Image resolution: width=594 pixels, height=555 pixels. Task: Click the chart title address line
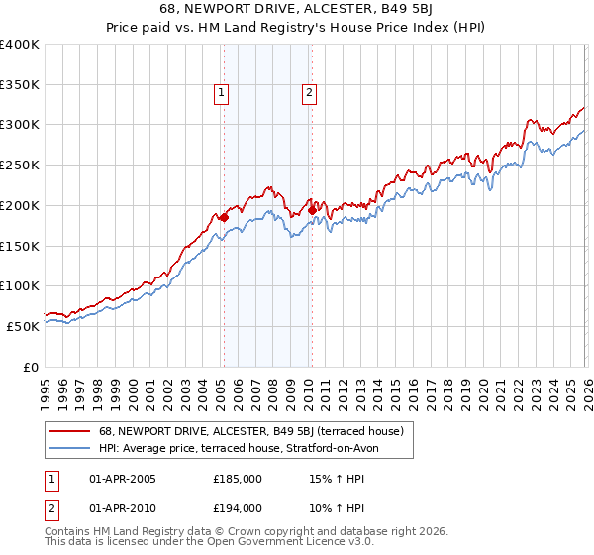click(297, 11)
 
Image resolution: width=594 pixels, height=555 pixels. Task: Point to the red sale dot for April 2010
click(312, 210)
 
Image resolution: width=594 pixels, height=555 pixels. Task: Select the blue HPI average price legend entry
click(239, 449)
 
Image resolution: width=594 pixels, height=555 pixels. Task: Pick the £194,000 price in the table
click(238, 507)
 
